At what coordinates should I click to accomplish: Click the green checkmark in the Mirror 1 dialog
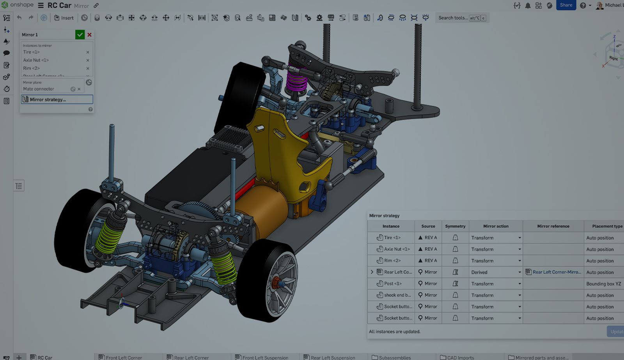(80, 35)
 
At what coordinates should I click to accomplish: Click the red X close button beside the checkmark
(90, 35)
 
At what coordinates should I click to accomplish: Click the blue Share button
(566, 5)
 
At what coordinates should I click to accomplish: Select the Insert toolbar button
(64, 18)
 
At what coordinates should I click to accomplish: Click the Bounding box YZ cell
(603, 284)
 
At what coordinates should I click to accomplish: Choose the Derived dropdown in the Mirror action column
(496, 272)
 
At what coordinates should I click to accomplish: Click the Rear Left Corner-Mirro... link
(557, 272)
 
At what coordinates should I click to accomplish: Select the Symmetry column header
(455, 226)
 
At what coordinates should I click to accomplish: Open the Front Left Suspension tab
(265, 357)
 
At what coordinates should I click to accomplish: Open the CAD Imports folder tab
(460, 357)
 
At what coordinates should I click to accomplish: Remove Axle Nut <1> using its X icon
(88, 60)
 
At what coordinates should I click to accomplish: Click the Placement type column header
(607, 226)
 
